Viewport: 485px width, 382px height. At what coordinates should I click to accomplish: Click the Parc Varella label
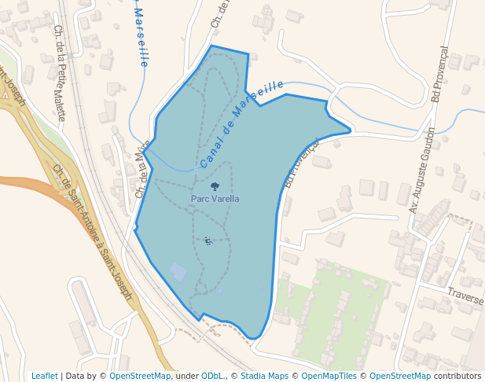(x=215, y=200)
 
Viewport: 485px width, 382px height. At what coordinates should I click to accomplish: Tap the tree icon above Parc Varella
(x=215, y=188)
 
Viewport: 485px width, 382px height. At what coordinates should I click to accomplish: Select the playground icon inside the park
(x=208, y=241)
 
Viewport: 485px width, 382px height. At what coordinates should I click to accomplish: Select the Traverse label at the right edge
(x=465, y=295)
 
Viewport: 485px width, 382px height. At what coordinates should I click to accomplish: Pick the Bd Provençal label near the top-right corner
(x=439, y=74)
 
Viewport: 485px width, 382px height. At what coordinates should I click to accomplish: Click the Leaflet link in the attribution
(x=45, y=376)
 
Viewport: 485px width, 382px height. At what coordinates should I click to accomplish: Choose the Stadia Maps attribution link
(x=264, y=376)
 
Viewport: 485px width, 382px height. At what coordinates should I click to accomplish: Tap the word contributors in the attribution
(x=457, y=376)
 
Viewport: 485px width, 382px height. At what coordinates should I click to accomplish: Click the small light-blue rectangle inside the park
(x=179, y=272)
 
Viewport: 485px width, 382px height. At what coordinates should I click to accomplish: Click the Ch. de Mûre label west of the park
(x=142, y=169)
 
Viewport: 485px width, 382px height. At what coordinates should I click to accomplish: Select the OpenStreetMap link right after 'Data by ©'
(x=140, y=376)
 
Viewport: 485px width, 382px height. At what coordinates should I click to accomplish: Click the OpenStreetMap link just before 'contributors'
(x=400, y=376)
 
